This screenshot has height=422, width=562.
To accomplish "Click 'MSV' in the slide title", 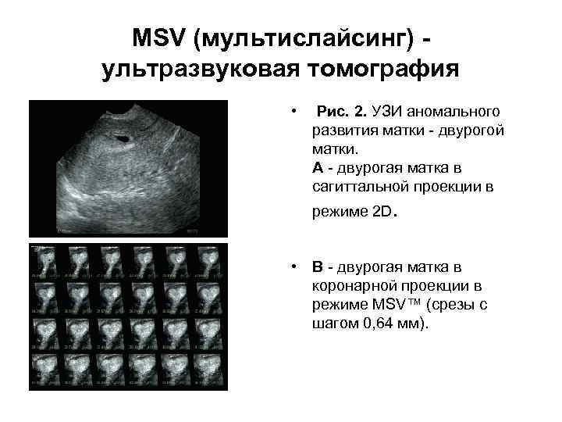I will pyautogui.click(x=160, y=38).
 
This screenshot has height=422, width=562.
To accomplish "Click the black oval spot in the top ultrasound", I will pyautogui.click(x=122, y=139).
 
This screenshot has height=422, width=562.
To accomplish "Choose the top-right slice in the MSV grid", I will pyautogui.click(x=211, y=262).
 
